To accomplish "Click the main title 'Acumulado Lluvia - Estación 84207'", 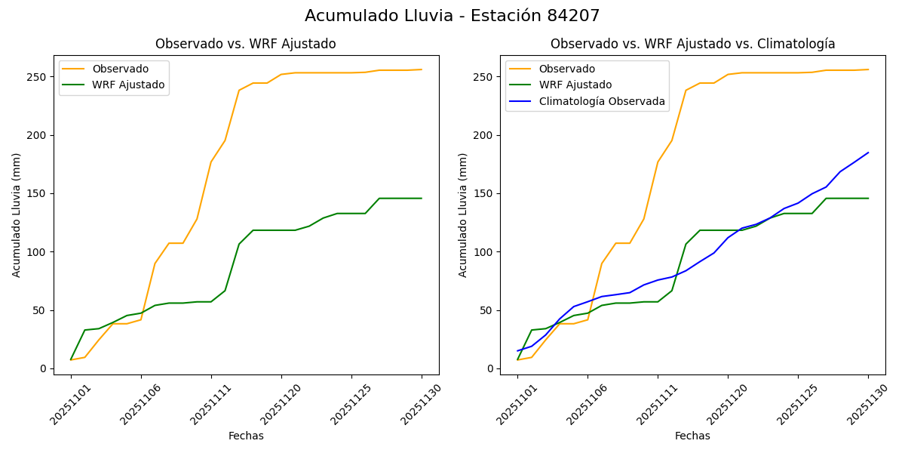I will coord(452,16).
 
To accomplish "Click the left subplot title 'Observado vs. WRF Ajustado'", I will coord(246,44).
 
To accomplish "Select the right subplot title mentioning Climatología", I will coord(692,44).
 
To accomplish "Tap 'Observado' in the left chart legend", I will coord(120,69).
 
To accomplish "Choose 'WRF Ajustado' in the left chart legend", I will coord(128,85).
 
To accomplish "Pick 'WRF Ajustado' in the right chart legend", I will coord(575,85).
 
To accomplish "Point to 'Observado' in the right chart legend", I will coord(566,69).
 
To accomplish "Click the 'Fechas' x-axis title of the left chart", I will coord(246,436).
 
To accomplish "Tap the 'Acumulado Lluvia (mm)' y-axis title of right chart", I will coord(464,215).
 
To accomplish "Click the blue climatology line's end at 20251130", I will coord(868,153).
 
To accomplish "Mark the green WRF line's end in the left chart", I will coord(422,199).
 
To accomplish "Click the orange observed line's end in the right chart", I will coord(868,69).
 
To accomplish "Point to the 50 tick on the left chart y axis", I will coord(43,310).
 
